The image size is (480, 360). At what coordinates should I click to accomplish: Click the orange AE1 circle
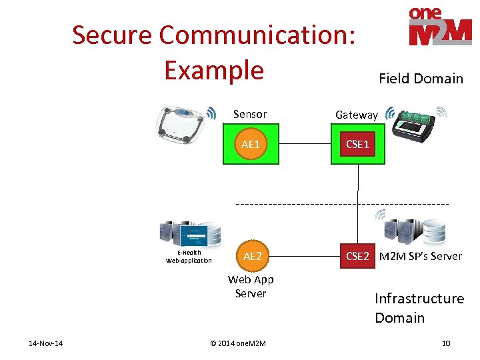(x=250, y=145)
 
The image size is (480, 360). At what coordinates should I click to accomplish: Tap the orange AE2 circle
(x=252, y=256)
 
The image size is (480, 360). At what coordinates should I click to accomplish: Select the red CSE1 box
(x=357, y=144)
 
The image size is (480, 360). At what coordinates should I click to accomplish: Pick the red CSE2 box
(x=357, y=256)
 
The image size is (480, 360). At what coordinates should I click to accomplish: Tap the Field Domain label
(x=421, y=79)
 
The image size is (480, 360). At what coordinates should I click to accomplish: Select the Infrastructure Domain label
(x=419, y=308)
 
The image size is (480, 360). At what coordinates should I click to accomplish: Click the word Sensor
(x=250, y=114)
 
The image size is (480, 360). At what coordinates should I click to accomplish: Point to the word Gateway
(x=356, y=115)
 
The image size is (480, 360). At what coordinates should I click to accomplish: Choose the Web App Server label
(x=251, y=287)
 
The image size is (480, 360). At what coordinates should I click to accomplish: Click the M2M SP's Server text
(x=420, y=256)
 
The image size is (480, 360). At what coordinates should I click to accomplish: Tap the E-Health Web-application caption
(x=189, y=257)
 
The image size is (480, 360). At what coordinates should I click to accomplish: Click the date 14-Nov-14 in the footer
(x=46, y=343)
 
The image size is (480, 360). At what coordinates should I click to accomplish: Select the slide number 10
(x=446, y=343)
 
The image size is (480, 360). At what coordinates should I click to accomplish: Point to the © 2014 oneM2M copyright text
(x=237, y=343)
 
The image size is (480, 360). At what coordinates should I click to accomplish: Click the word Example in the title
(x=214, y=70)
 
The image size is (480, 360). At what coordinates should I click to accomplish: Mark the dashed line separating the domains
(x=300, y=203)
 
